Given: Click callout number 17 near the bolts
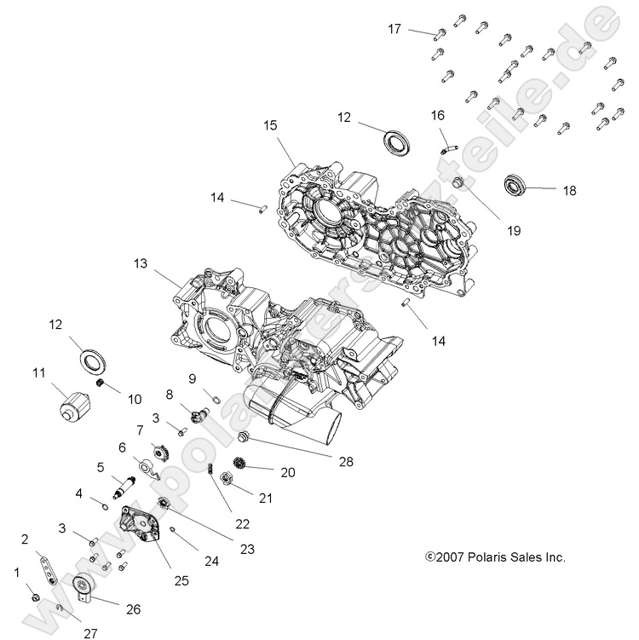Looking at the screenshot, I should coord(394,30).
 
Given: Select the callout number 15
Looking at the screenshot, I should coord(270,125).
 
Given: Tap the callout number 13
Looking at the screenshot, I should coord(140,265).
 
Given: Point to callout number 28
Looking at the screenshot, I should coord(345,461).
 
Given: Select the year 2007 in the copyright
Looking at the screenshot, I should coord(451,557).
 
